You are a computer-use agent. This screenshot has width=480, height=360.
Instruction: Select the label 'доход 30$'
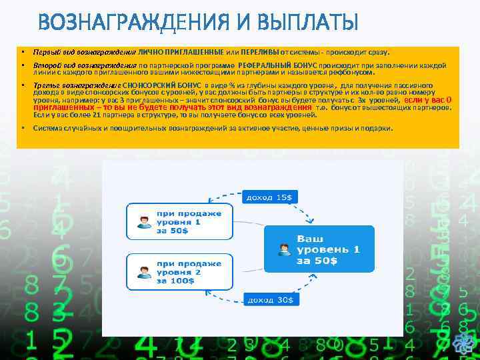[269, 301]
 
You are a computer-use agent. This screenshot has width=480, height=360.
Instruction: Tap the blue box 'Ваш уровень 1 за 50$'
[319, 248]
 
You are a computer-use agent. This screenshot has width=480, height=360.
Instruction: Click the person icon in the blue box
[284, 249]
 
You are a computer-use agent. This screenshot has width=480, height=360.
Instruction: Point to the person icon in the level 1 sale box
[143, 222]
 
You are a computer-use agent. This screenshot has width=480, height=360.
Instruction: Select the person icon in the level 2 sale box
[143, 273]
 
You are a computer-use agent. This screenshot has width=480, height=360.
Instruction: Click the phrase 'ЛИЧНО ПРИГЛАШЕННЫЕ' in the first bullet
[181, 51]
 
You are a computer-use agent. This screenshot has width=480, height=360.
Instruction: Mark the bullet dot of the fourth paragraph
[23, 127]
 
